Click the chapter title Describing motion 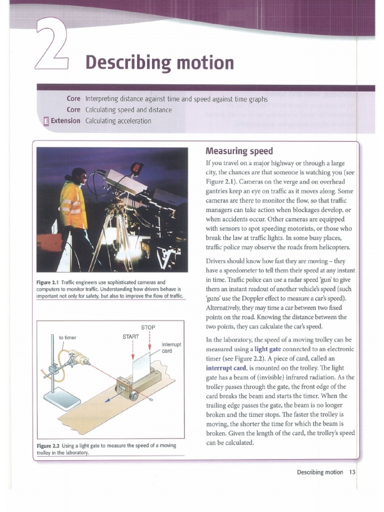tap(159, 63)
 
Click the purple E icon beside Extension tap(46, 120)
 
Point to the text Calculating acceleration tap(118, 120)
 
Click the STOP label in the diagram tap(148, 327)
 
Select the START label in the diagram tap(130, 336)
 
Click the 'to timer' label tap(67, 337)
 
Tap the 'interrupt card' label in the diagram tap(171, 347)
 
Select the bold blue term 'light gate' tap(270, 349)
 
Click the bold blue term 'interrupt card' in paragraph tap(227, 367)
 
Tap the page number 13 tap(352, 472)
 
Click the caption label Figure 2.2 tap(48, 445)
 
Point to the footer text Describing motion tap(320, 472)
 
